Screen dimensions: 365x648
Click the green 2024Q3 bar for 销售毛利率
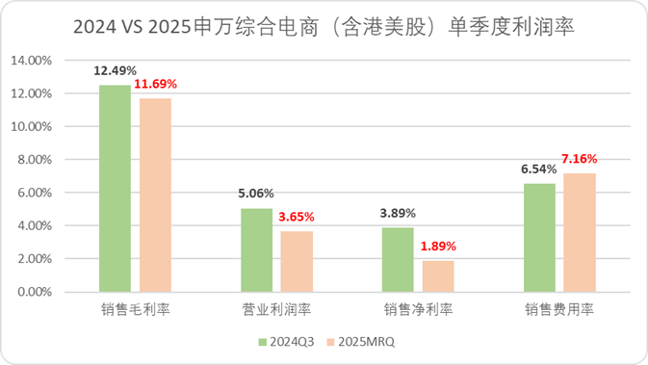click(x=116, y=189)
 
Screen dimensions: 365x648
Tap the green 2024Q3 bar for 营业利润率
click(x=256, y=250)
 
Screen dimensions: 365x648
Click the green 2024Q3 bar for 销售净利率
click(x=398, y=260)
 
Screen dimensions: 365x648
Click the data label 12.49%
click(x=115, y=70)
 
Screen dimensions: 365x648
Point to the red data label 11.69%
click(x=156, y=84)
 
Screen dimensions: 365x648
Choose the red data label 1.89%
click(x=437, y=246)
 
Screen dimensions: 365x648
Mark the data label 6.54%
click(x=539, y=169)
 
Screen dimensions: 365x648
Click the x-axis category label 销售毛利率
click(x=135, y=310)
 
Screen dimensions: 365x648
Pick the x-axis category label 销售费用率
click(x=558, y=310)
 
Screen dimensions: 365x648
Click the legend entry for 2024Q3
click(x=290, y=341)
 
